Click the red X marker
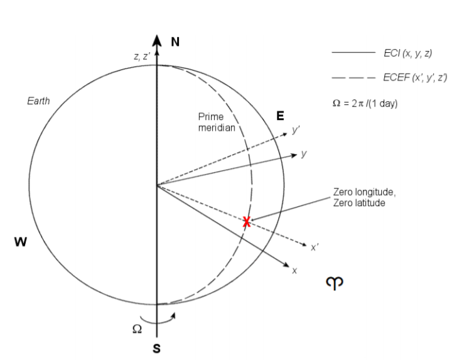[247, 221]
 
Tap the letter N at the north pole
[176, 42]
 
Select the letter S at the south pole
[157, 349]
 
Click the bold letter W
[21, 242]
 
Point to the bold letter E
[280, 116]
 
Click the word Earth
[38, 101]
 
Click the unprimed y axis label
[304, 153]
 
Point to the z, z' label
[142, 57]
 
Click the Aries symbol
[333, 284]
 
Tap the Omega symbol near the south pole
[137, 328]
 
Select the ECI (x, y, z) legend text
[407, 55]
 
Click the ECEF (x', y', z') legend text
[415, 78]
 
